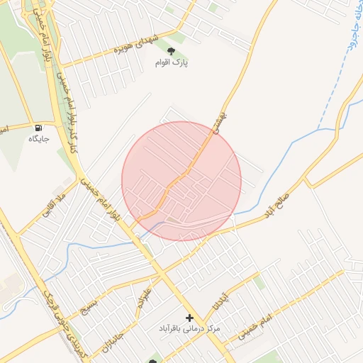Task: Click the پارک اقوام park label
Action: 172,62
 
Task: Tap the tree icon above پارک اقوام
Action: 171,50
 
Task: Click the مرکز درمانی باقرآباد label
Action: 189,330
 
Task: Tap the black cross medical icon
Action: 189,318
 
